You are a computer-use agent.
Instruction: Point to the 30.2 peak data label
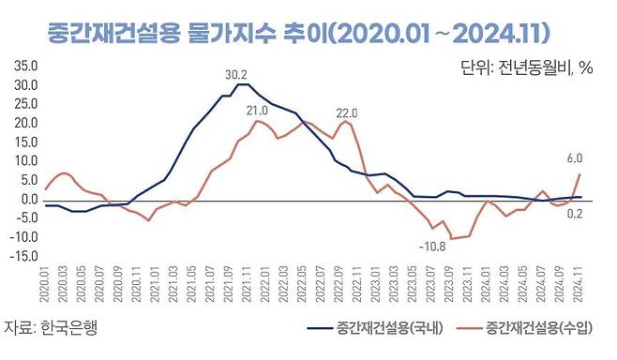click(236, 74)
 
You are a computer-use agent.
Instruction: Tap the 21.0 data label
click(257, 111)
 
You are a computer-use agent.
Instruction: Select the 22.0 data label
click(349, 112)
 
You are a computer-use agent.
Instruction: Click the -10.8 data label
click(430, 247)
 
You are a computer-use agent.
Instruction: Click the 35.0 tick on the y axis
click(24, 67)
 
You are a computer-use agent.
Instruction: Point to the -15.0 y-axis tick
click(23, 256)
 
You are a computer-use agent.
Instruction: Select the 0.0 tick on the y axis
click(28, 199)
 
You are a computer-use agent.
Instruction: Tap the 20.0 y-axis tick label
click(24, 123)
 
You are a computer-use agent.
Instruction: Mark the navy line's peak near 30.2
click(242, 84)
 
